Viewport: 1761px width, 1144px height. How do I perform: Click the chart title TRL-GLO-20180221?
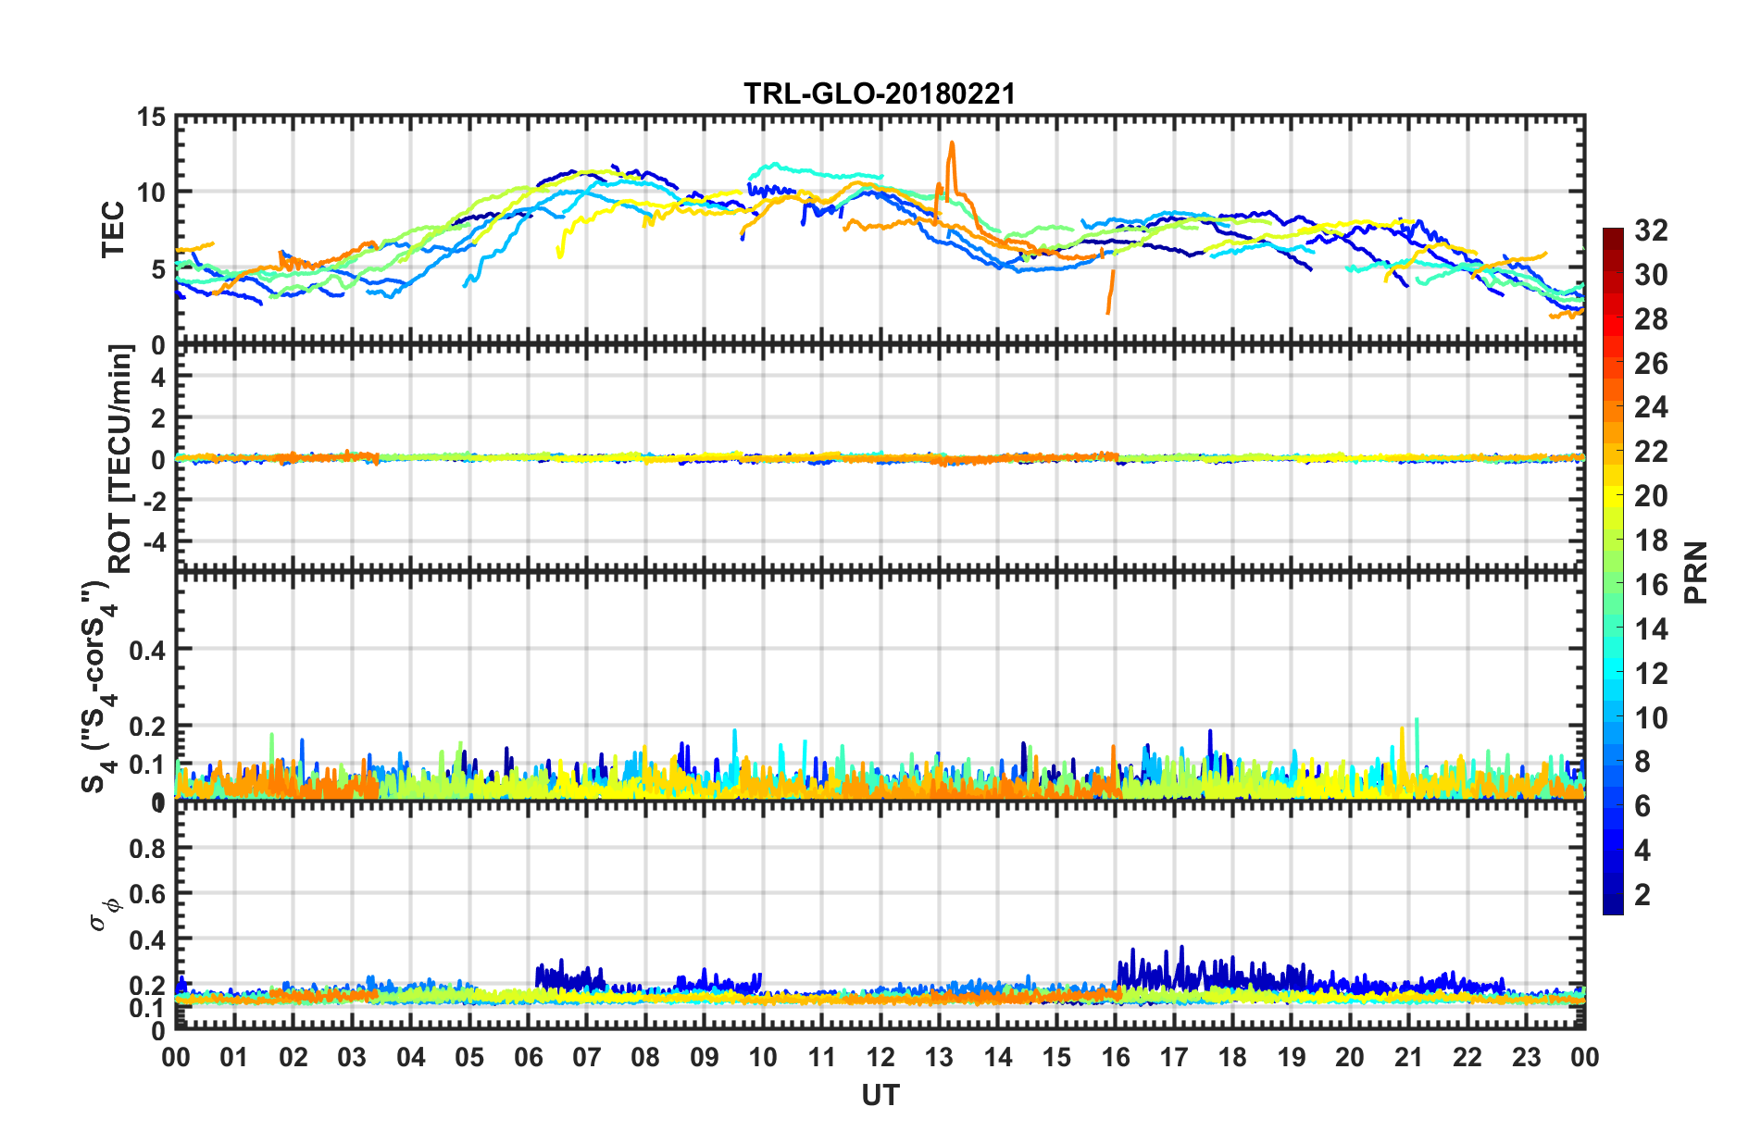pos(880,93)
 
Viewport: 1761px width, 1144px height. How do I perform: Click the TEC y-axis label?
pos(113,230)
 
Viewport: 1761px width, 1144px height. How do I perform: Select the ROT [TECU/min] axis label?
pos(120,458)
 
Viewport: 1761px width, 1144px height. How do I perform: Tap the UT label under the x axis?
pos(880,1096)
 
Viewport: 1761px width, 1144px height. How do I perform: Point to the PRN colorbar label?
pos(1695,572)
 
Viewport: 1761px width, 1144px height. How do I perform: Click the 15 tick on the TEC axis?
pos(151,118)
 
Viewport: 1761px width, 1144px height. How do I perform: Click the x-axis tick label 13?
pos(939,1058)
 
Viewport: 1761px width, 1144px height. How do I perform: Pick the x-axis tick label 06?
pos(528,1058)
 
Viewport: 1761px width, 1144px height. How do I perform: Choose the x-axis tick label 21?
pos(1408,1058)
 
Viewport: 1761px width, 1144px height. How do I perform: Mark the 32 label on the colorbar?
pos(1651,230)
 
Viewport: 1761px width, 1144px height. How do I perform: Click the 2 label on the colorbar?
pos(1642,895)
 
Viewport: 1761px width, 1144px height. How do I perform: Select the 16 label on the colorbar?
pos(1651,585)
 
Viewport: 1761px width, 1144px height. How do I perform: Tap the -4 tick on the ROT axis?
pos(157,540)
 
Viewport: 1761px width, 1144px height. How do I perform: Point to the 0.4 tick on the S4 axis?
pos(147,650)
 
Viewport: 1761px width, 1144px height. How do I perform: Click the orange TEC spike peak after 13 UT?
pos(951,143)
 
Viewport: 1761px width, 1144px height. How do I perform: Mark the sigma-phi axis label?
pos(104,911)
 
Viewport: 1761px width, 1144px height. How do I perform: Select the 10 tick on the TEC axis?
pos(151,193)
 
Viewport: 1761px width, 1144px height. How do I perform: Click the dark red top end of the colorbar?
pos(1613,233)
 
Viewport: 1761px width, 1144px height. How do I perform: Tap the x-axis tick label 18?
pos(1232,1058)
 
